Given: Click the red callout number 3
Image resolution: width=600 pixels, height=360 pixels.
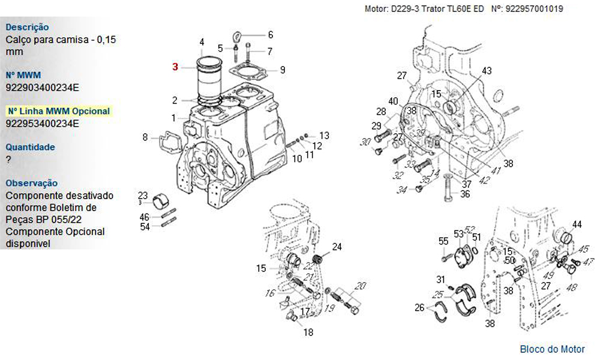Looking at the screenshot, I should (175, 67).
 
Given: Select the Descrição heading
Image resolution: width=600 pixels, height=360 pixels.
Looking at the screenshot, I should (27, 27).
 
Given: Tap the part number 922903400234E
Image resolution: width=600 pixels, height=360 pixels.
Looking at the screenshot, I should (42, 88).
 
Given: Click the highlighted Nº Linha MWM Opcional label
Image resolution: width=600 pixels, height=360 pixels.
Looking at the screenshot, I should (58, 111).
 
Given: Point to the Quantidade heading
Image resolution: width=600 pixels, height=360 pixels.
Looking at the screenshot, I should (30, 147).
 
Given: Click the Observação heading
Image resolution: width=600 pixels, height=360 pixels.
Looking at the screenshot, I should (32, 183).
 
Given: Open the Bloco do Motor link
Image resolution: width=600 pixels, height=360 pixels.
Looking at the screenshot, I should (552, 349).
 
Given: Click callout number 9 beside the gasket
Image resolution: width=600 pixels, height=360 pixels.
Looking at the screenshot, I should (282, 70).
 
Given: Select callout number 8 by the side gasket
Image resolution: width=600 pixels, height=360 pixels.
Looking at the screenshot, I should (145, 137).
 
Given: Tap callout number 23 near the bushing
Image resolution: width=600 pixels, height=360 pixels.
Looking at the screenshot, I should (143, 195).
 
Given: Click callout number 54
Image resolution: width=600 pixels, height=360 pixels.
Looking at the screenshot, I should (145, 226).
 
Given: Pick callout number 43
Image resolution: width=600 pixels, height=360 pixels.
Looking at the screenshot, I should (487, 71).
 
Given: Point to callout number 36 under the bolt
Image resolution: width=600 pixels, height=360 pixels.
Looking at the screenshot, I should (465, 194).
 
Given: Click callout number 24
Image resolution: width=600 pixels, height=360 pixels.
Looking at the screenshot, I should (337, 247).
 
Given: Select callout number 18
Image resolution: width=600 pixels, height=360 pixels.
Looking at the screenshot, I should (308, 332).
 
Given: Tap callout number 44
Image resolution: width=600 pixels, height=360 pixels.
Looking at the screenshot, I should (577, 225).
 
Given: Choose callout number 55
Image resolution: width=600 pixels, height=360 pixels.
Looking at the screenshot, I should (443, 241).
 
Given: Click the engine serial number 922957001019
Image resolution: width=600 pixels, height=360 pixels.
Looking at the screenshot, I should (535, 9).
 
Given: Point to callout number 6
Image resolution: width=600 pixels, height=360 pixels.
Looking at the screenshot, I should (270, 35).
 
